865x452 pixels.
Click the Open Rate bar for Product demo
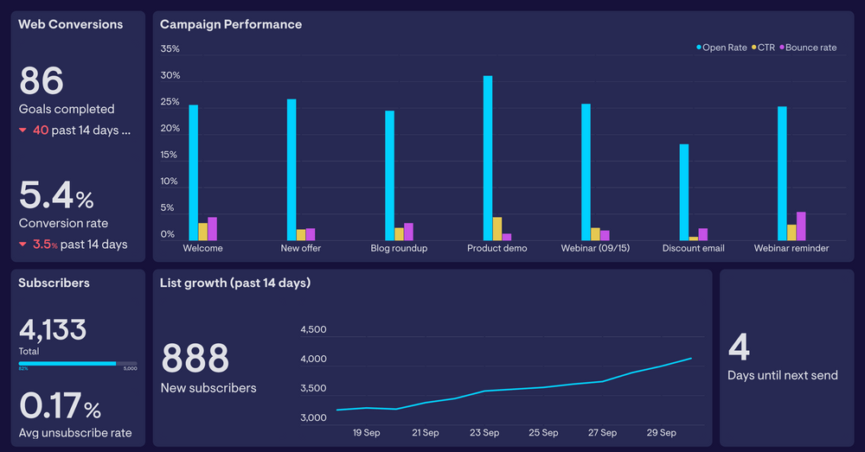coord(488,158)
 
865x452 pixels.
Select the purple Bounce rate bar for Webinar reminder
coord(801,226)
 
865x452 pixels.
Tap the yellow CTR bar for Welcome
coord(203,232)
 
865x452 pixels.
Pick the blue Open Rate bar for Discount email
coord(684,192)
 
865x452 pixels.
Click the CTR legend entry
coord(763,48)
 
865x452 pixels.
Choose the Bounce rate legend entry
coord(809,48)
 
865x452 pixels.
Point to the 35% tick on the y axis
coord(170,48)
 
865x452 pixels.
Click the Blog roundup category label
coord(399,249)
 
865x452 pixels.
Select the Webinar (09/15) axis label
coord(596,249)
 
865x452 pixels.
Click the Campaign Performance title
coord(231,24)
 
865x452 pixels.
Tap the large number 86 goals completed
coord(42,81)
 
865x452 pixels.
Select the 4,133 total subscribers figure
coord(53,329)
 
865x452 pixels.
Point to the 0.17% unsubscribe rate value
coord(60,406)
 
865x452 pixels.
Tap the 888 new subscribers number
coord(195,358)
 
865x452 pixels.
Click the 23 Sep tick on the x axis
coord(484,433)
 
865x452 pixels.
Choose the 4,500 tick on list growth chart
coord(313,329)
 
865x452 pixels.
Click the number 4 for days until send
coord(739,347)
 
